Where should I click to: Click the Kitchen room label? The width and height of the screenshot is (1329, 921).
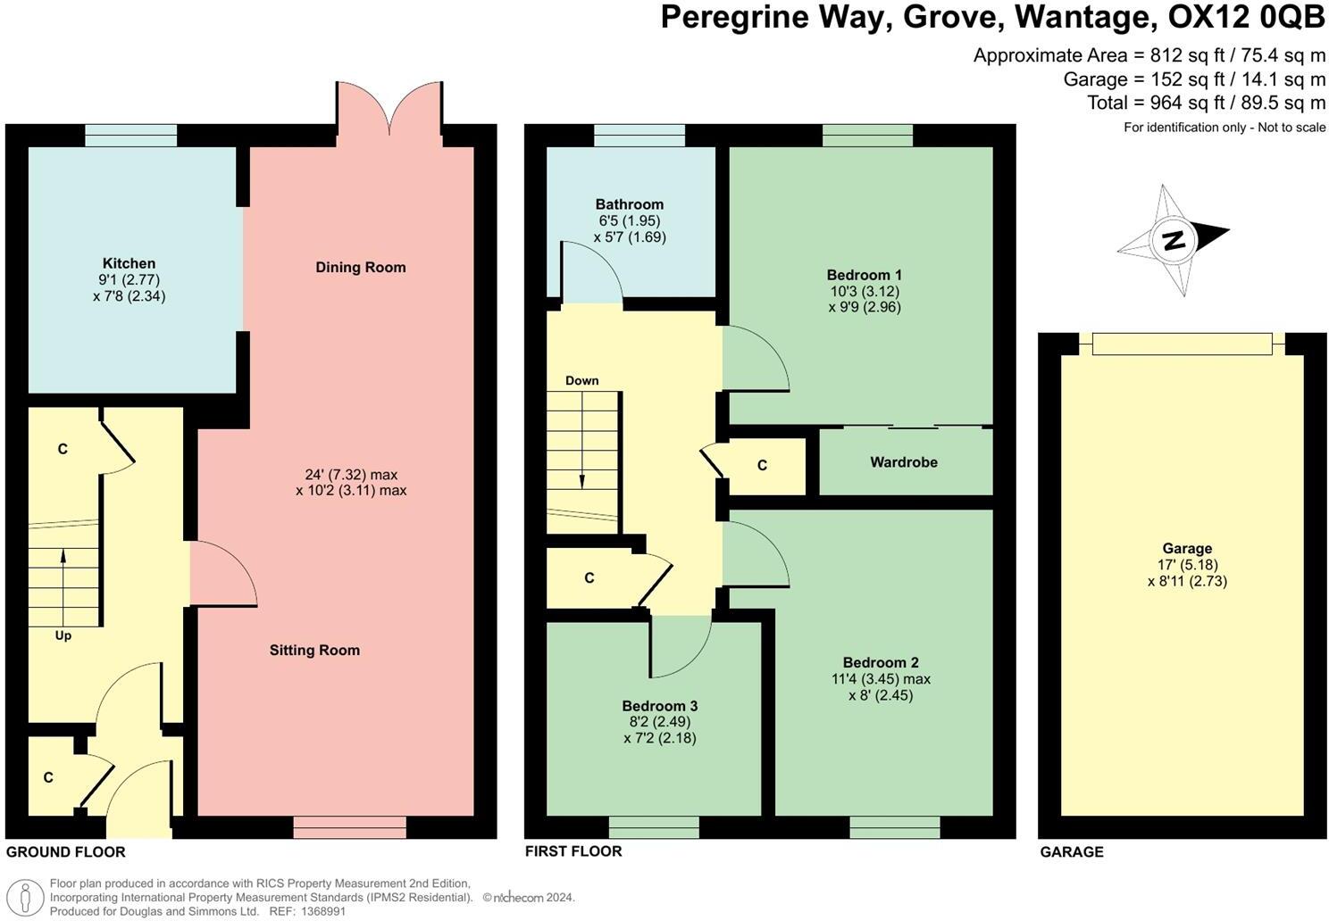[129, 263]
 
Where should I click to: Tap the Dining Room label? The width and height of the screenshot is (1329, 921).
[360, 267]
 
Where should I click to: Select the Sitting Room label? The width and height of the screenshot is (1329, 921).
[314, 650]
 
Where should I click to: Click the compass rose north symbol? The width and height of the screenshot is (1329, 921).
[1174, 240]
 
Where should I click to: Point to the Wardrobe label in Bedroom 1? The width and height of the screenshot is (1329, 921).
[904, 462]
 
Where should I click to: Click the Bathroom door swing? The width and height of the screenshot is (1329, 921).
[590, 272]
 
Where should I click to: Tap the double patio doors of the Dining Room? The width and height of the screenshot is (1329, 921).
[389, 112]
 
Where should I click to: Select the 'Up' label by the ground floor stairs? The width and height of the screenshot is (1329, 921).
[63, 635]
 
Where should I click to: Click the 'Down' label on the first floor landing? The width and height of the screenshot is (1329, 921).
[581, 380]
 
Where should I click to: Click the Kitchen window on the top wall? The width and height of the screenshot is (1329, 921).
[130, 135]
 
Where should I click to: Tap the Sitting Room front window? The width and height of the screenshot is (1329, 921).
[349, 827]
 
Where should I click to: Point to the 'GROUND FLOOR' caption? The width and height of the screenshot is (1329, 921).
[66, 851]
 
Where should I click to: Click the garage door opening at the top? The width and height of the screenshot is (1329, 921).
[1182, 344]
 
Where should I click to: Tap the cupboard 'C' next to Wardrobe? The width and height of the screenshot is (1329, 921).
[762, 465]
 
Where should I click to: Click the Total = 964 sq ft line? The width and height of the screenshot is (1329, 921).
[1206, 103]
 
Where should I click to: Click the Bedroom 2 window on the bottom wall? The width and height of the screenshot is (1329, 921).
[894, 827]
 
